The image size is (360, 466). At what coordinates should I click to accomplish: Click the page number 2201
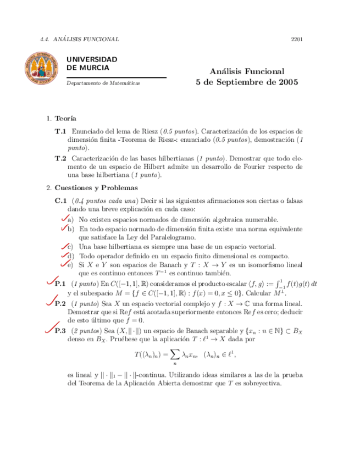[x=298, y=40]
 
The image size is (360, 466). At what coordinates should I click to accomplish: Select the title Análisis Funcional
[x=247, y=71]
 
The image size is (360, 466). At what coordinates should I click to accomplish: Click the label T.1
[x=60, y=132]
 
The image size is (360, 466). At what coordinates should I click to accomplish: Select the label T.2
[x=60, y=158]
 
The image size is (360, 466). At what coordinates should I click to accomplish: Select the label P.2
[x=60, y=303]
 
